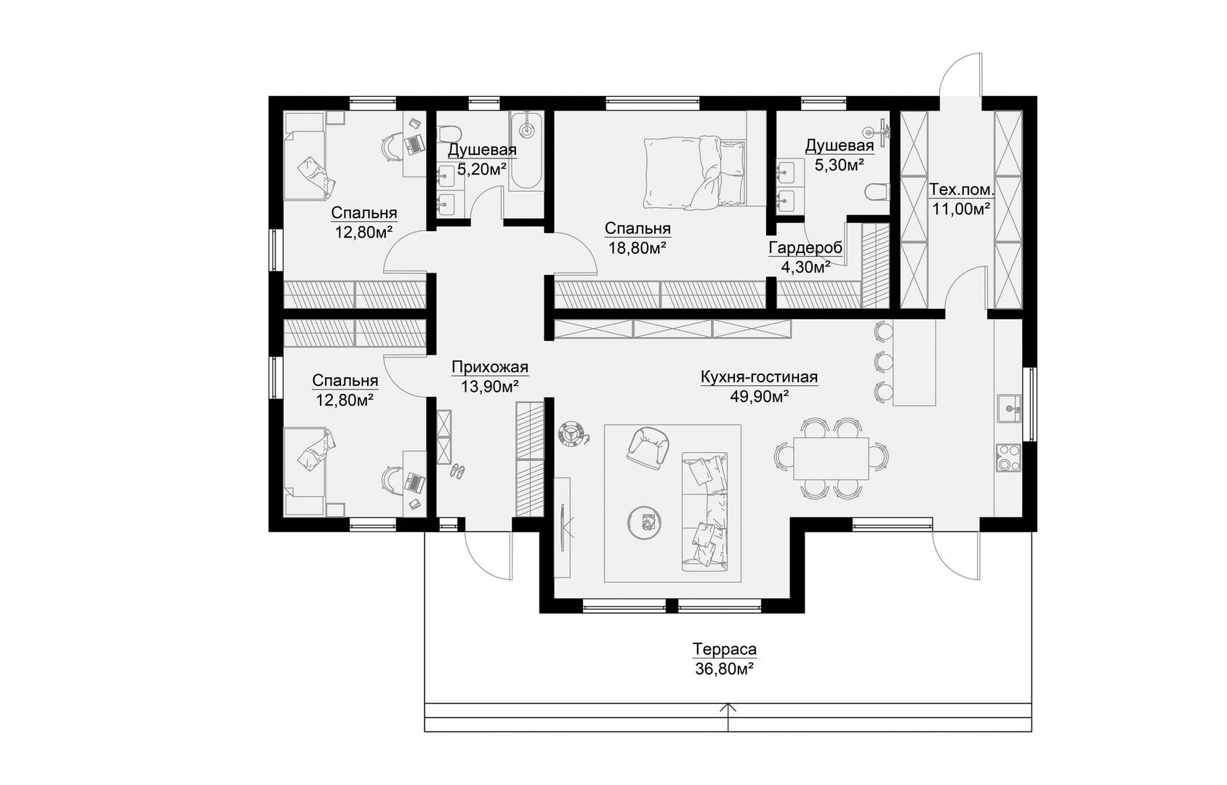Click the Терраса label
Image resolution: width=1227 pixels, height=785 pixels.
coord(724,649)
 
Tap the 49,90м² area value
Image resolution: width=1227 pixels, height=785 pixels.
coord(759,396)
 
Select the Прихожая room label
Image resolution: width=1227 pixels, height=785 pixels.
coord(490,366)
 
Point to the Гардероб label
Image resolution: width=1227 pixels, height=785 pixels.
coord(805,248)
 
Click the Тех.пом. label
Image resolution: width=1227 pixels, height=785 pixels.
coord(962,190)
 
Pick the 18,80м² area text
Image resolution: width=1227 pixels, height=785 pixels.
coord(637,248)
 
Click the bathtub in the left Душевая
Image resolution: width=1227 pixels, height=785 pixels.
coord(526,151)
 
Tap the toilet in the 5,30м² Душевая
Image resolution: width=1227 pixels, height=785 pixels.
coord(877,192)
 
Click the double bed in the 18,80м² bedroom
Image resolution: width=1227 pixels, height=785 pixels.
coord(695,173)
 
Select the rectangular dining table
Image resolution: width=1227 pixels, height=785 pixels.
coord(831,458)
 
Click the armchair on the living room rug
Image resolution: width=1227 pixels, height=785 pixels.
coord(648,448)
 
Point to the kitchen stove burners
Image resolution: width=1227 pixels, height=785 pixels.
coord(1008,457)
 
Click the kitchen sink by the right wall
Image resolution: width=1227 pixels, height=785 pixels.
coord(1009,408)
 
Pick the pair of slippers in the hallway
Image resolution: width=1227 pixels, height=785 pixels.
coord(457,470)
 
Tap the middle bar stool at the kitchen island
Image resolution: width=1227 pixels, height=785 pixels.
coord(882,361)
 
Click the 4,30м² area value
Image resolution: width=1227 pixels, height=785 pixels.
coord(805,267)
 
